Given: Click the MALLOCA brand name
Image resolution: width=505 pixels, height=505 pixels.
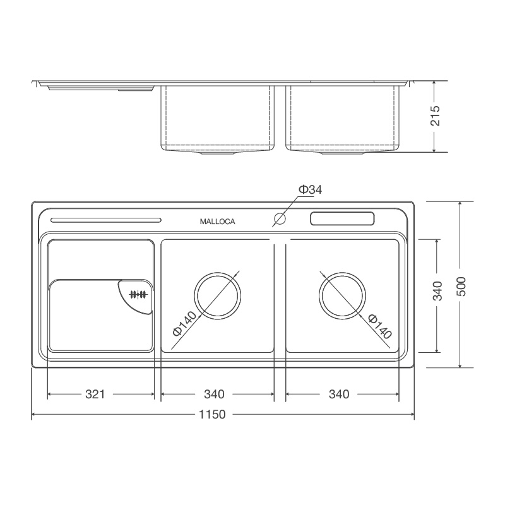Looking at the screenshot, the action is [217, 222].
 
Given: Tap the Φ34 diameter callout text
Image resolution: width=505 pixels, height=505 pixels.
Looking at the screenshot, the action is [310, 190].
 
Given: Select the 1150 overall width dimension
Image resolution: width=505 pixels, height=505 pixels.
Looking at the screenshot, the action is [212, 414].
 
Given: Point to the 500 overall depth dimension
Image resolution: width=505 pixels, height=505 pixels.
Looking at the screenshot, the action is [461, 287].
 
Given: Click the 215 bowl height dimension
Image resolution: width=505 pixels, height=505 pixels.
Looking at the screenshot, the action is [435, 116].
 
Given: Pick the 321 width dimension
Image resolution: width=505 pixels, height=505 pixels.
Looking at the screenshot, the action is [95, 394].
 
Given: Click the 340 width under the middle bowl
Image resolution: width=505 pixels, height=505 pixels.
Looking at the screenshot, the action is [214, 394].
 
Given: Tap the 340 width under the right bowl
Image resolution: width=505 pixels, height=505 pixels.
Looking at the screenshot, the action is [339, 394].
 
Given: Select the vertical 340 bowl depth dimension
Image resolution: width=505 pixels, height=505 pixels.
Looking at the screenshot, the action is [437, 290].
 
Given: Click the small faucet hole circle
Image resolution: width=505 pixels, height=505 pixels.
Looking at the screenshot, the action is [280, 219].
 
